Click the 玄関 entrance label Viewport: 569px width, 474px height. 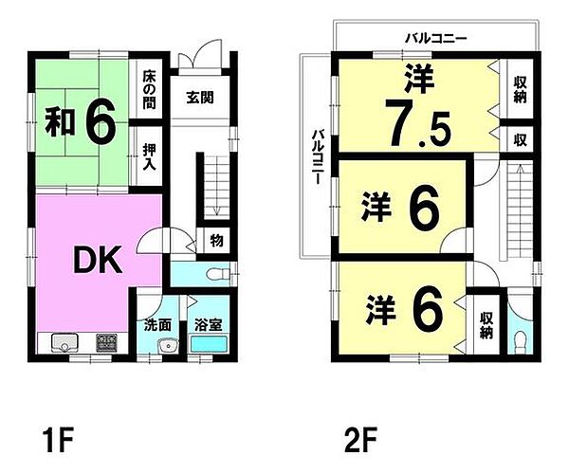pyautogui.click(x=199, y=97)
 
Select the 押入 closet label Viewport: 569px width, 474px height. pyautogui.click(x=150, y=155)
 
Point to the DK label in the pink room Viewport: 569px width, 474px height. pyautogui.click(x=98, y=260)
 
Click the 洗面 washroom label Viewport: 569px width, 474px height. pyautogui.click(x=157, y=324)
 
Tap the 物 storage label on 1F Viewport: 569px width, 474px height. pyautogui.click(x=216, y=241)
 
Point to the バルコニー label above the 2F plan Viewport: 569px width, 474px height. pyautogui.click(x=435, y=39)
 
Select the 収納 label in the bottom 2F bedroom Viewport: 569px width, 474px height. pyautogui.click(x=486, y=326)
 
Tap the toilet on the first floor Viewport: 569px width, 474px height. pyautogui.click(x=215, y=275)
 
